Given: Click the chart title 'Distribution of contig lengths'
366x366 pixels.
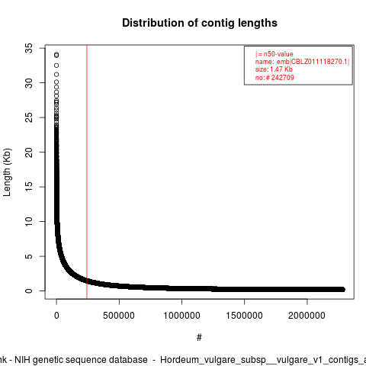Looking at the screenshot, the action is click(x=200, y=23).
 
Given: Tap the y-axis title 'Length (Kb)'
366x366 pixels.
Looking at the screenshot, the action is click(x=7, y=172).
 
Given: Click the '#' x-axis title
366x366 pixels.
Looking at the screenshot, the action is click(x=199, y=337).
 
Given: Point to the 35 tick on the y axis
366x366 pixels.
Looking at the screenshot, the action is click(x=29, y=48).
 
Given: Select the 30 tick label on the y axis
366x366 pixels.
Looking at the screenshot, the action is click(x=29, y=83).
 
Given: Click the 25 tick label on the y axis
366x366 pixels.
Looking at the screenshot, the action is click(x=29, y=117).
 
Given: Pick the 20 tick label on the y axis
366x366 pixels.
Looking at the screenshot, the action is click(x=29, y=152).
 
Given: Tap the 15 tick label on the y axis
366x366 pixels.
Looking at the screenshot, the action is click(x=29, y=187).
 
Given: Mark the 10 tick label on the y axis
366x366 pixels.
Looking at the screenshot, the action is click(x=29, y=221).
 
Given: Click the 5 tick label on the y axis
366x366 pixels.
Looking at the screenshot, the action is click(x=29, y=256).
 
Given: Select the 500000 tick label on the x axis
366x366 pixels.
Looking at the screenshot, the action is click(x=119, y=316).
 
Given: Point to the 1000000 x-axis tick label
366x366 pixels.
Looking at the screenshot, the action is click(x=181, y=316).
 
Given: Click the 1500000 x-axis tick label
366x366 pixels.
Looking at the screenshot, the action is click(x=244, y=316).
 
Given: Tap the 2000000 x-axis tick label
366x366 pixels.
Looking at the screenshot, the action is click(x=307, y=316).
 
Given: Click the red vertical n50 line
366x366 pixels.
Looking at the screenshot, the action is click(x=87, y=172).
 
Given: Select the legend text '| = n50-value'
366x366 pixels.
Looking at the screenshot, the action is click(x=274, y=54).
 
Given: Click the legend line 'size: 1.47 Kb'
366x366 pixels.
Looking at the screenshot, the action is click(x=274, y=69).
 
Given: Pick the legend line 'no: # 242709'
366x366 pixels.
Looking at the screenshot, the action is click(x=274, y=78).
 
